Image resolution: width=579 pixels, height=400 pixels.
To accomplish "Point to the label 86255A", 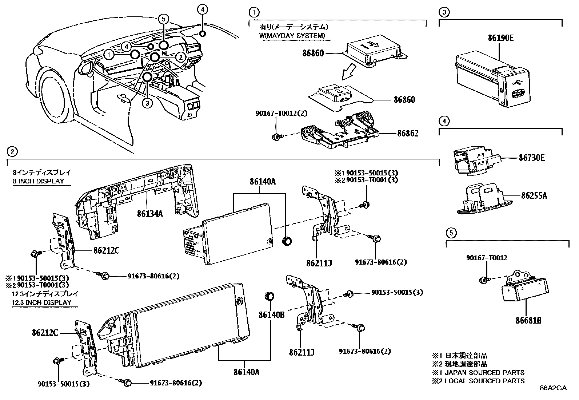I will pyautogui.click(x=534, y=196).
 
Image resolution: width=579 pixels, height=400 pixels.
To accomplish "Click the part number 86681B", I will pyautogui.click(x=528, y=321).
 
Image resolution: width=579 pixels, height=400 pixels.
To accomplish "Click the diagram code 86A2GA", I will pyautogui.click(x=553, y=388).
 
